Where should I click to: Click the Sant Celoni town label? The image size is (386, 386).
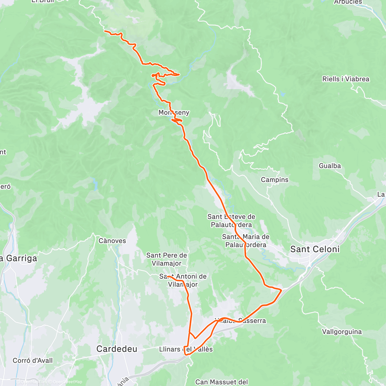coord(315,249)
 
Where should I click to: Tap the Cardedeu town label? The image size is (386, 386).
coord(117,349)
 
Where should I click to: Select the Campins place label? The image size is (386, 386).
coord(275,180)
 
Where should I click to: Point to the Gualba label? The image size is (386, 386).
coord(330,166)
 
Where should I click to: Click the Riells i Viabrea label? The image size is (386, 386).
coord(346,79)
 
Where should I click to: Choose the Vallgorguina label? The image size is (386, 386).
coord(342,332)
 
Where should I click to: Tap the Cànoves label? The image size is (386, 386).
coord(112,241)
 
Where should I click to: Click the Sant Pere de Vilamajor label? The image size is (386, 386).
coord(167,259)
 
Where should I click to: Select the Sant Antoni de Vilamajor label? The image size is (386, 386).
coord(183,280)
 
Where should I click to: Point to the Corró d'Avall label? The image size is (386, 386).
coord(32,361)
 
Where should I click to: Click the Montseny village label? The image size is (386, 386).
coord(174,113)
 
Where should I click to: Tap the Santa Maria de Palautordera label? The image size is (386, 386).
coord(246,241)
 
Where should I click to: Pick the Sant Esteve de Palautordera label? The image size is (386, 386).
coord(231,221)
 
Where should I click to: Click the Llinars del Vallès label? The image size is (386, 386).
coord(186,349)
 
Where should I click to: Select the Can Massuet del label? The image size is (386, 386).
coord(222,382)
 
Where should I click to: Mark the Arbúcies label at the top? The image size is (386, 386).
coord(348,2)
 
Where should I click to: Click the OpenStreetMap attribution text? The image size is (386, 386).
coord(67,382)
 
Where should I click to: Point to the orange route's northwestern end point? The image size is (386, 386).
coord(105,31)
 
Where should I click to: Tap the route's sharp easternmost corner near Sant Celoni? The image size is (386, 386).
coord(281,290)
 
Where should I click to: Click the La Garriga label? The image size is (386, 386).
coord(19,258)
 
